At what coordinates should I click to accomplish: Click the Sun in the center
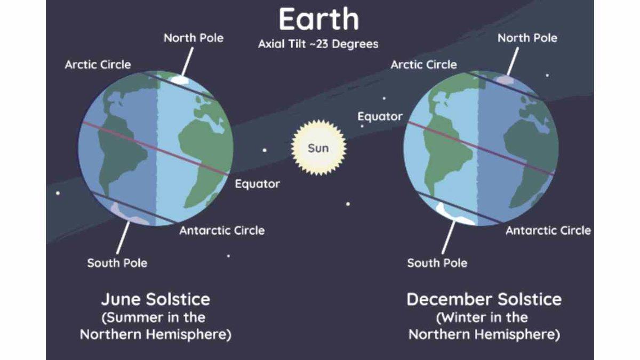pyautogui.click(x=318, y=148)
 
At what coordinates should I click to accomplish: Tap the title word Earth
pyautogui.click(x=319, y=19)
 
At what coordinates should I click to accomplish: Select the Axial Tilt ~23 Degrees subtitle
pyautogui.click(x=318, y=44)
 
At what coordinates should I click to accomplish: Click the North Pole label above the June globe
pyautogui.click(x=194, y=38)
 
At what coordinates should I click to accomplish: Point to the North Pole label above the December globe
pyautogui.click(x=527, y=38)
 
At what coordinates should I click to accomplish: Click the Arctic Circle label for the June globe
pyautogui.click(x=98, y=65)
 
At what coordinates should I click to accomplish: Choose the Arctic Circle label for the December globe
pyautogui.click(x=423, y=65)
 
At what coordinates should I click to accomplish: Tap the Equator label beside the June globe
pyautogui.click(x=258, y=183)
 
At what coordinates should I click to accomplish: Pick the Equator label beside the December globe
pyautogui.click(x=380, y=117)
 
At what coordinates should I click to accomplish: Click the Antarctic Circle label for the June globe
pyautogui.click(x=222, y=230)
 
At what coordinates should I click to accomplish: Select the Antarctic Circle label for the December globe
pyautogui.click(x=548, y=230)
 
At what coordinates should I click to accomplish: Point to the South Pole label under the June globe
pyautogui.click(x=117, y=263)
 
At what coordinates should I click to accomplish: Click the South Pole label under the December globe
pyautogui.click(x=437, y=263)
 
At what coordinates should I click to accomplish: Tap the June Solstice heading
pyautogui.click(x=156, y=299)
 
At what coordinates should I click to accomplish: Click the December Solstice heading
pyautogui.click(x=484, y=299)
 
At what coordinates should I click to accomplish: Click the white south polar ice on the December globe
pyautogui.click(x=454, y=215)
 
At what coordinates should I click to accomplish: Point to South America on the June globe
pyautogui.click(x=120, y=149)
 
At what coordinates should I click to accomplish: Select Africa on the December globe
pyautogui.click(x=529, y=160)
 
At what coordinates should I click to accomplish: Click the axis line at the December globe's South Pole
pyautogui.click(x=449, y=237)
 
